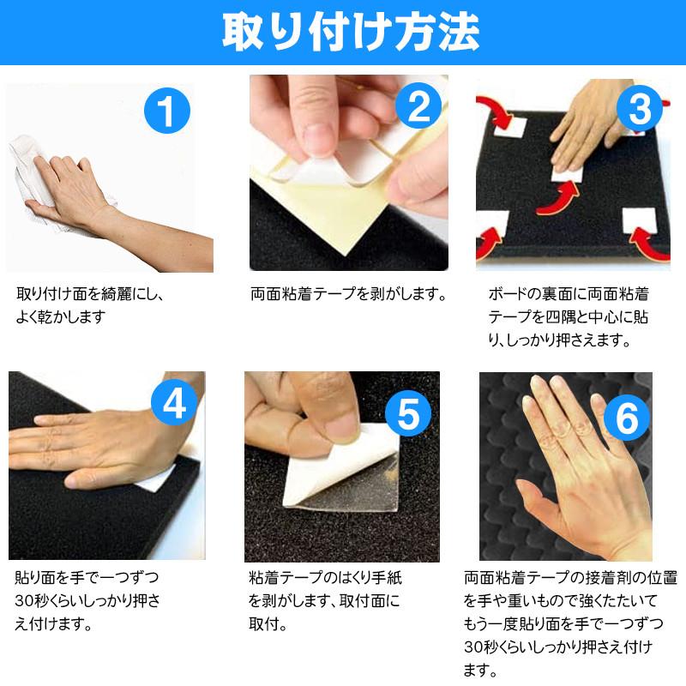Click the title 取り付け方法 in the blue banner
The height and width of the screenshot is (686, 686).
tap(343, 32)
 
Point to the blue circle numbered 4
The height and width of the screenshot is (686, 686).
tap(174, 403)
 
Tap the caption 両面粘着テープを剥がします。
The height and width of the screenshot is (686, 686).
tap(350, 294)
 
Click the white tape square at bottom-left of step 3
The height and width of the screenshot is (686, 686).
tap(496, 225)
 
